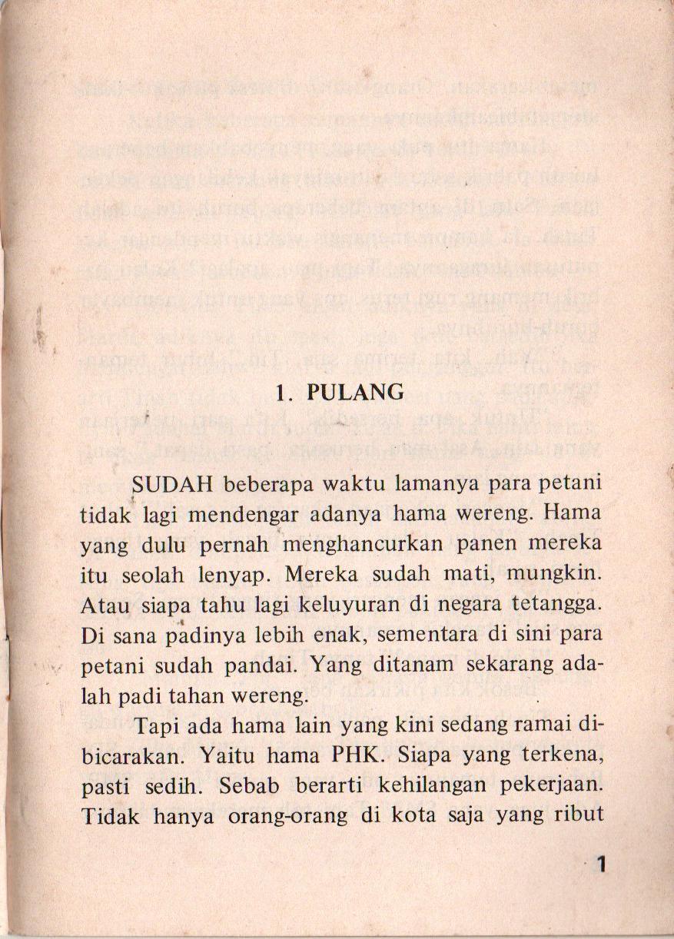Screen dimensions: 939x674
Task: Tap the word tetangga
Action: (x=559, y=606)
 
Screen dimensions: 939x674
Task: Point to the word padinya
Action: (x=188, y=635)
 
